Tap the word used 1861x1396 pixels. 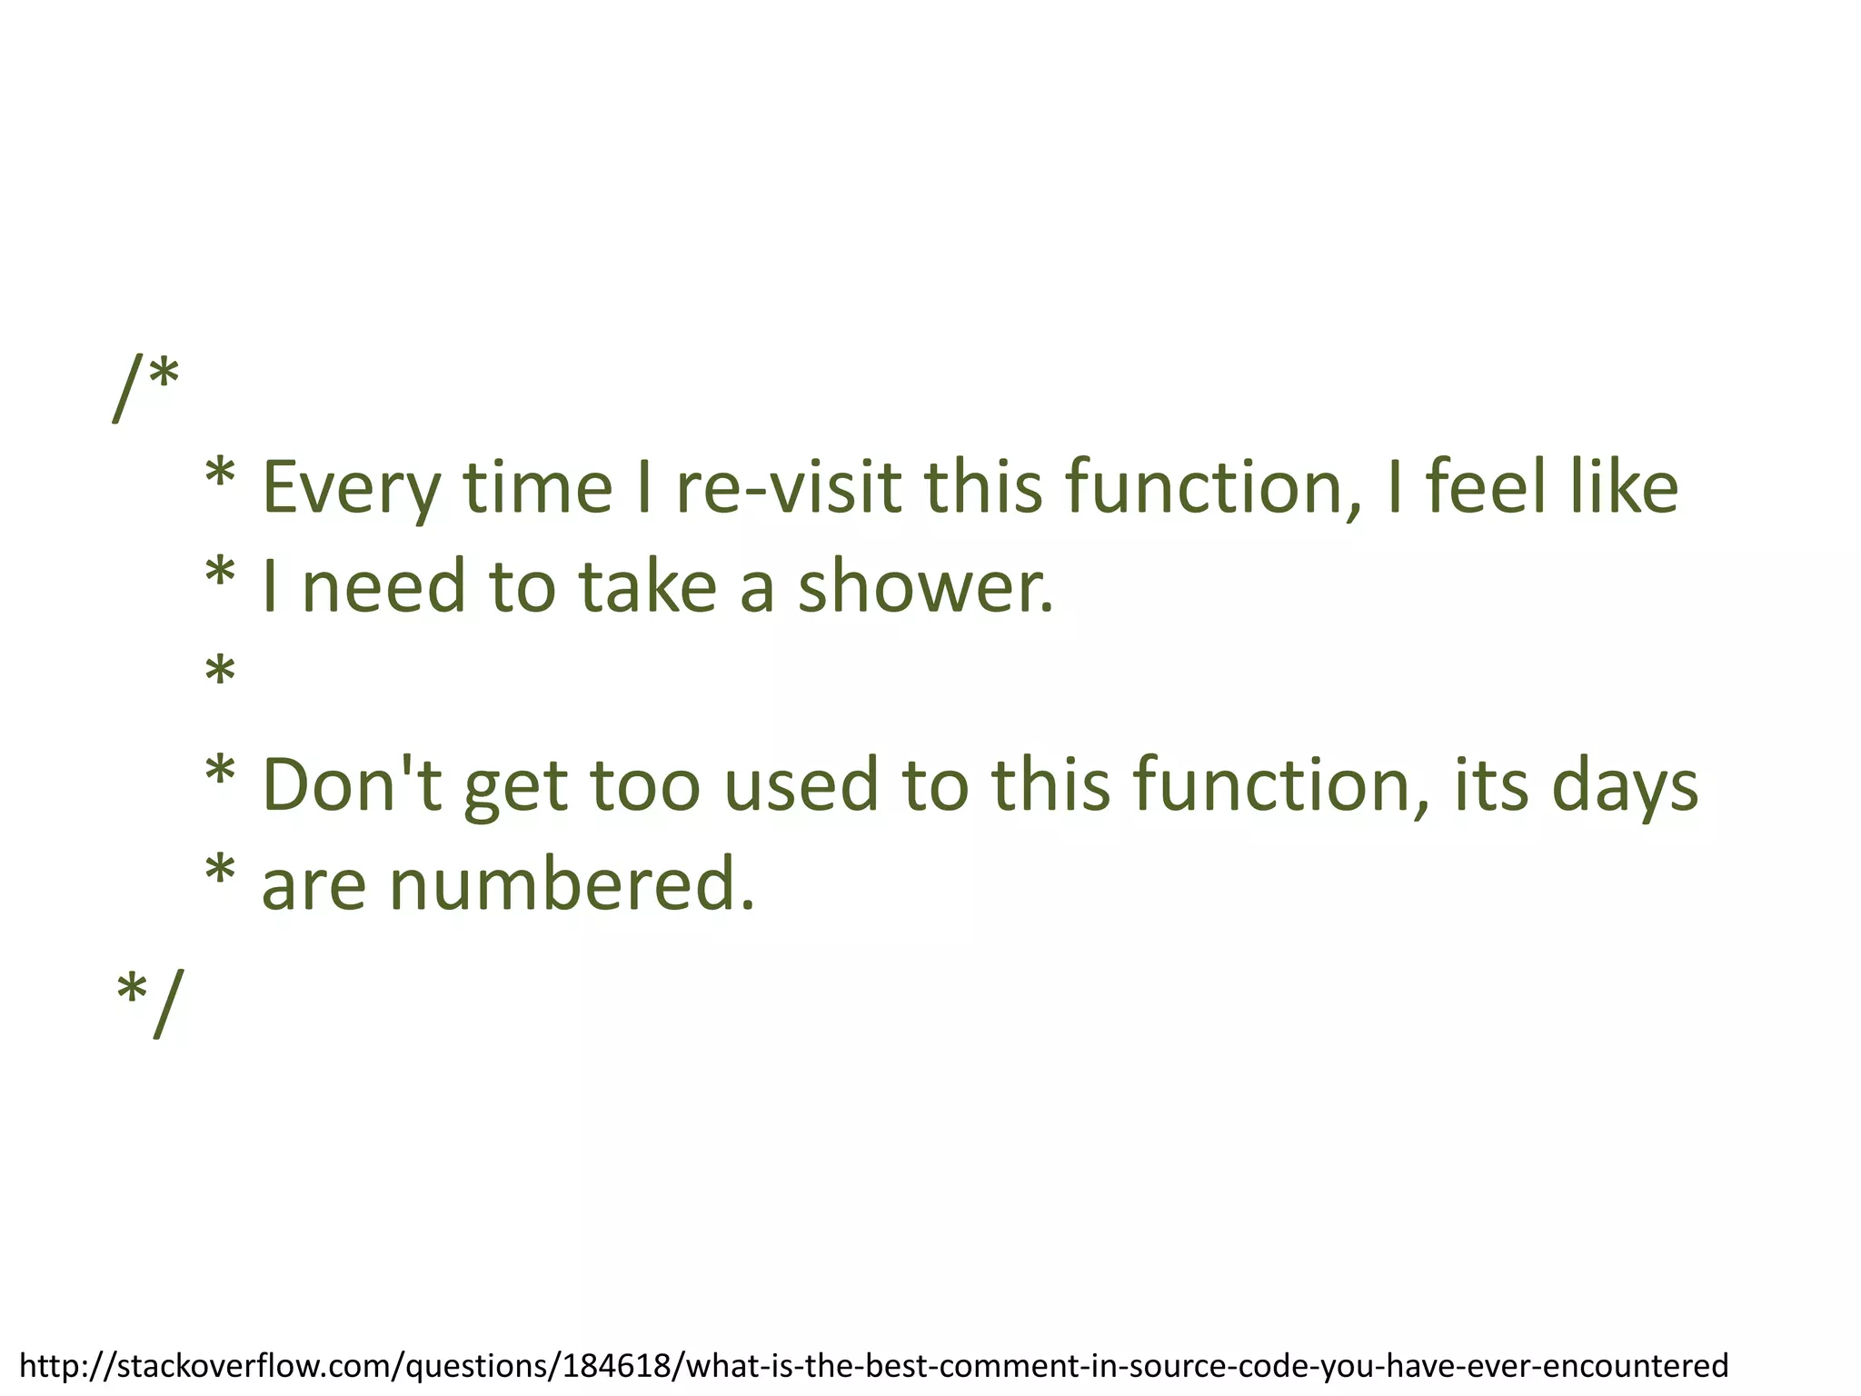pyautogui.click(x=801, y=784)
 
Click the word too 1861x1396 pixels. pyautogui.click(x=646, y=784)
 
